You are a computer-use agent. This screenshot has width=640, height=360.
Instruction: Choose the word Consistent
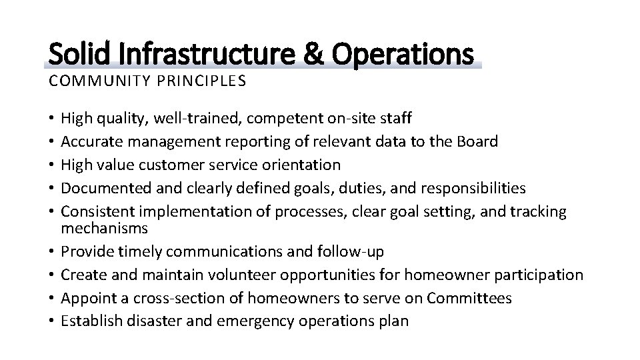(96, 211)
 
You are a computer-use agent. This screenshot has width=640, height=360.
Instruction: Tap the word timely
(137, 251)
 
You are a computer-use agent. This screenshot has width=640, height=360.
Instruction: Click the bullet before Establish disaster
(52, 321)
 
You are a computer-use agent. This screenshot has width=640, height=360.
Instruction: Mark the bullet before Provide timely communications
(52, 251)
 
